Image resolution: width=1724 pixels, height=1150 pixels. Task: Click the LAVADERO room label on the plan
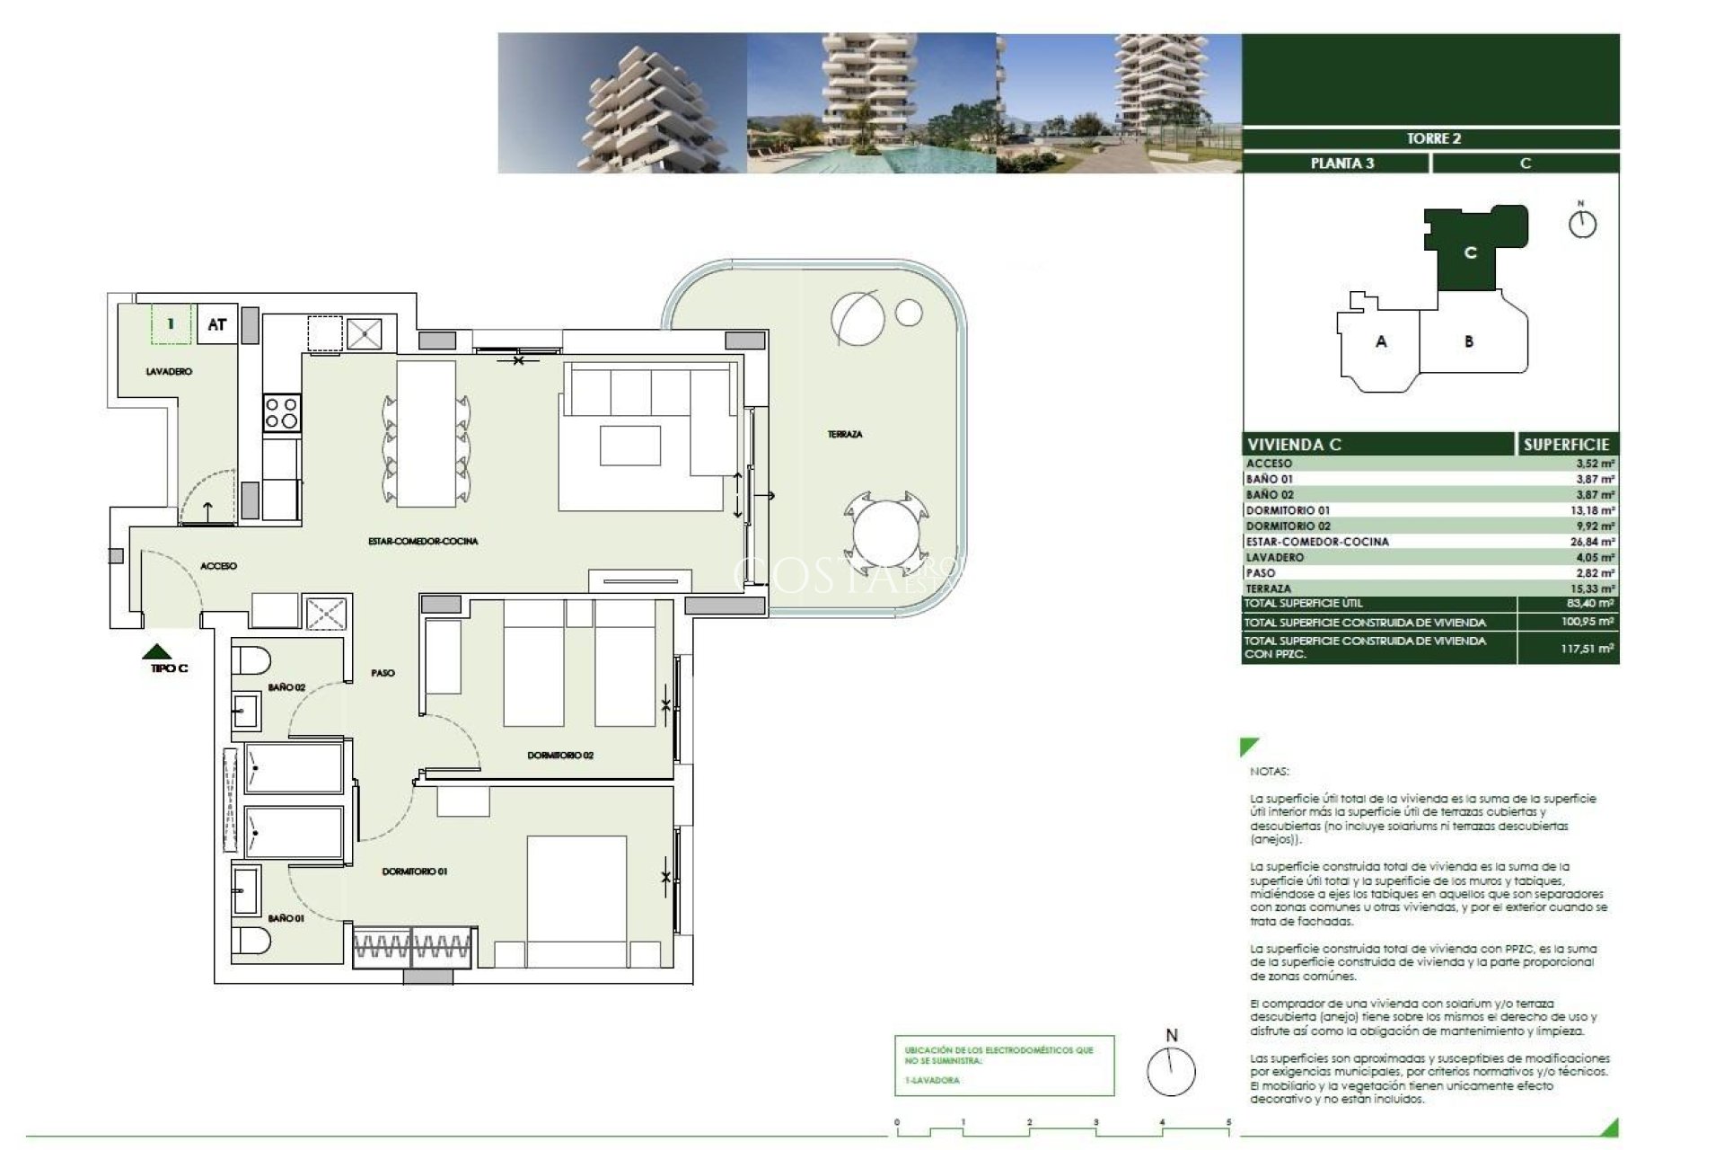(169, 371)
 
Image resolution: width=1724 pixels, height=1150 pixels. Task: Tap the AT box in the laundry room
(216, 324)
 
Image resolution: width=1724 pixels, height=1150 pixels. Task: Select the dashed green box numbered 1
(171, 323)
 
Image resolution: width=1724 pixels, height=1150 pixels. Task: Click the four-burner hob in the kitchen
(281, 414)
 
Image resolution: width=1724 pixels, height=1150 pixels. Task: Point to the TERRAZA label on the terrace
(844, 434)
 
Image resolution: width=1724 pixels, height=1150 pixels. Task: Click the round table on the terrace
(886, 537)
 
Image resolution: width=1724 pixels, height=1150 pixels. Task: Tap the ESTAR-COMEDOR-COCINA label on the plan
(423, 541)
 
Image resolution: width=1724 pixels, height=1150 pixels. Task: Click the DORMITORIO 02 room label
(560, 756)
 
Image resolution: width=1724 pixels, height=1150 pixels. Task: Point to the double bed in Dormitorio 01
(576, 901)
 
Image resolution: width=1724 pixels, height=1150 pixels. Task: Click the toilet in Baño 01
(251, 942)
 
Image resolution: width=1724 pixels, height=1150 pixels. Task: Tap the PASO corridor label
(383, 673)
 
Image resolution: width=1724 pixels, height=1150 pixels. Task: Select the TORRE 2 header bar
(1433, 138)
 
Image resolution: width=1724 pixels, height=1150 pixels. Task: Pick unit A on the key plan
(1381, 341)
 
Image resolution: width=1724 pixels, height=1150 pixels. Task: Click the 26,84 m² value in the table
(1595, 542)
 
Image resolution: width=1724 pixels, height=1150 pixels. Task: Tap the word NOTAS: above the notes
(1269, 771)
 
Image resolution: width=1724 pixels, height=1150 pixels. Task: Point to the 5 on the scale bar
(1228, 1122)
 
